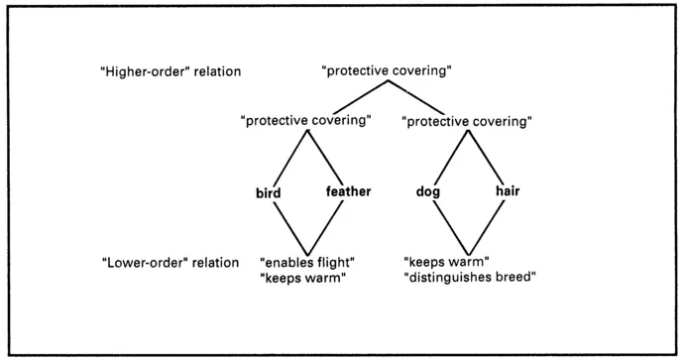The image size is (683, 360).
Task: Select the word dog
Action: pos(428,191)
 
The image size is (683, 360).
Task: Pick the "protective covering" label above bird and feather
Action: pos(306,121)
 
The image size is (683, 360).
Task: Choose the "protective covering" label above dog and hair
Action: pos(466,121)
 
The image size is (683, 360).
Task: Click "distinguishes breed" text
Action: pos(470,277)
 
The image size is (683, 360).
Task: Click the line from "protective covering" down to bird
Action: pos(287,159)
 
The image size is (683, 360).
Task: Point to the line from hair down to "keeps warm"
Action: pos(485,226)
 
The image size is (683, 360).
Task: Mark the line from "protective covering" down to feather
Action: pos(325,159)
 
